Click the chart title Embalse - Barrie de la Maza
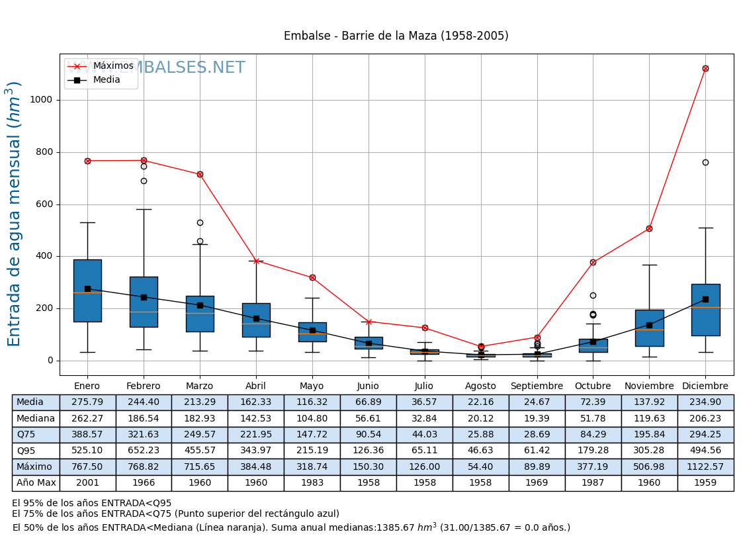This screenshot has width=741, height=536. (396, 36)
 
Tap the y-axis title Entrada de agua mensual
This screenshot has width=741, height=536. (15, 214)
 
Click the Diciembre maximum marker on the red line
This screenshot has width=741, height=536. (705, 68)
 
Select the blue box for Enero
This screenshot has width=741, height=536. (87, 291)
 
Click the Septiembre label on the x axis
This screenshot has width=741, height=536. (537, 386)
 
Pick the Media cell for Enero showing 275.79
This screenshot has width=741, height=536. (87, 402)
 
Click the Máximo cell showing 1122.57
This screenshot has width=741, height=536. (705, 467)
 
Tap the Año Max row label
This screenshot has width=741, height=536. (36, 483)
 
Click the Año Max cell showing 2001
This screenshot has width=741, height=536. (87, 483)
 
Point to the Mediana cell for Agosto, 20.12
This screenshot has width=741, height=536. (480, 418)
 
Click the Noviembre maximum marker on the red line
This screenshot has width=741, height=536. (649, 228)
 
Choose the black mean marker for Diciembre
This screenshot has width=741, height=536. (705, 299)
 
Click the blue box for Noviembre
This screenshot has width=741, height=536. (649, 328)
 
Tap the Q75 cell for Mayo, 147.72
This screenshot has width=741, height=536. (312, 435)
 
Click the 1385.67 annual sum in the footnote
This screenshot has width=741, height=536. (395, 528)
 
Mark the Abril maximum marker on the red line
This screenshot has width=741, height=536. (256, 261)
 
